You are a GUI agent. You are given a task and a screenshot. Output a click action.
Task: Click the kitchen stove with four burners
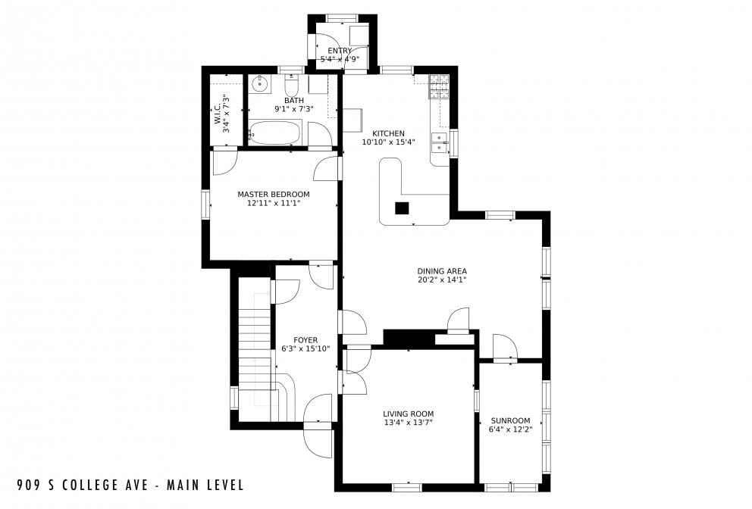(x=439, y=87)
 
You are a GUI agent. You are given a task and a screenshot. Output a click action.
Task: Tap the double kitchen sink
(x=439, y=142)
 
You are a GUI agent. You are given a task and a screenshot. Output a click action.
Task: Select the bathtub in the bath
(x=275, y=133)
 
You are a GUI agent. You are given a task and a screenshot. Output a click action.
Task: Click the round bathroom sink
(x=259, y=82)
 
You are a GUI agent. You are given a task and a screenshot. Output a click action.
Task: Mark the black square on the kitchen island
(x=402, y=208)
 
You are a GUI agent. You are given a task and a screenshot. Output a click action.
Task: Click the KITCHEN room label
(x=388, y=133)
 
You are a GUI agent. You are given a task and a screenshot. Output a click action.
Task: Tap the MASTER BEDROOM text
(x=273, y=194)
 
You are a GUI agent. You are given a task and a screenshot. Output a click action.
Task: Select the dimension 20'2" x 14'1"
(x=441, y=279)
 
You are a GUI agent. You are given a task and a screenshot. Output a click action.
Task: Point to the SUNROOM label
(x=510, y=420)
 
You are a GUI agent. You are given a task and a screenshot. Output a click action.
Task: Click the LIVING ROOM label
(x=408, y=414)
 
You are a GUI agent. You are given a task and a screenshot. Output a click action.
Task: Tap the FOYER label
(x=305, y=340)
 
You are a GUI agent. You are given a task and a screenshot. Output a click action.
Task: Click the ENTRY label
(x=340, y=51)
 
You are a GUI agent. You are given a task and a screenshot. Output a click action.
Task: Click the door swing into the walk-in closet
(x=225, y=161)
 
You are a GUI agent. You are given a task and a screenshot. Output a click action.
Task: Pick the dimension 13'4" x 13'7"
(x=408, y=423)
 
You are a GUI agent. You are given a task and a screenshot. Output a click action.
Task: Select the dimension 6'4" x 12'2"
(x=510, y=429)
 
